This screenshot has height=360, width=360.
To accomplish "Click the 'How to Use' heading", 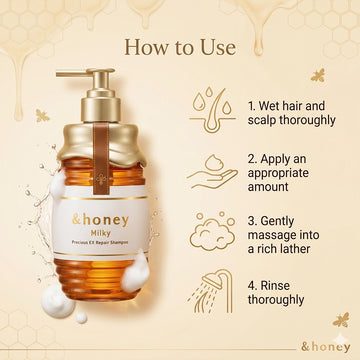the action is point(180,47).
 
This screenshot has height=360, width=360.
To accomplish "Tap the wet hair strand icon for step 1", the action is point(212,111).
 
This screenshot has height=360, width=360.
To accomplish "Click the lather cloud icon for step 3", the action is point(212,231).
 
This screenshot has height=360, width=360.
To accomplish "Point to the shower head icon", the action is point(211,291).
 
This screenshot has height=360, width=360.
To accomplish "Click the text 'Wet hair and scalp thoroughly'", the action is point(291,113).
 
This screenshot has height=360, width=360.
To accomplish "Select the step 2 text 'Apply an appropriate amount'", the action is point(278,173).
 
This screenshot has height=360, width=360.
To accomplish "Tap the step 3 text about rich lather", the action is point(283,235).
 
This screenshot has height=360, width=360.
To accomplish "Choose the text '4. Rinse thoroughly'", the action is point(276,292).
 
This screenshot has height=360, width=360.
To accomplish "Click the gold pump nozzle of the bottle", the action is point(86,73).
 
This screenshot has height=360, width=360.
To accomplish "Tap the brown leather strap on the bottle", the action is point(101,158).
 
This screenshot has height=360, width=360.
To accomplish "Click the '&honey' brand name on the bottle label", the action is point(100,220).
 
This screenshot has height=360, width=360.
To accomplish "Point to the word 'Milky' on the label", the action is point(100,233).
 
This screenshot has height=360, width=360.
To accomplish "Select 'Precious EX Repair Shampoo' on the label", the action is point(100,243).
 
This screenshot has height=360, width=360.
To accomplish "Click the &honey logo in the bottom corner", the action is point(326,347).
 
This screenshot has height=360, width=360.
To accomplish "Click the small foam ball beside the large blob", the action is point(81,318).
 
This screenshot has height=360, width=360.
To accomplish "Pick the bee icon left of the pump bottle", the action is point(42,116).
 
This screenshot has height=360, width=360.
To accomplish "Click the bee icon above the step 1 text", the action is point(318,75).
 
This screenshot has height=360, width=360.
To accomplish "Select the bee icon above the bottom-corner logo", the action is point(341,319).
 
